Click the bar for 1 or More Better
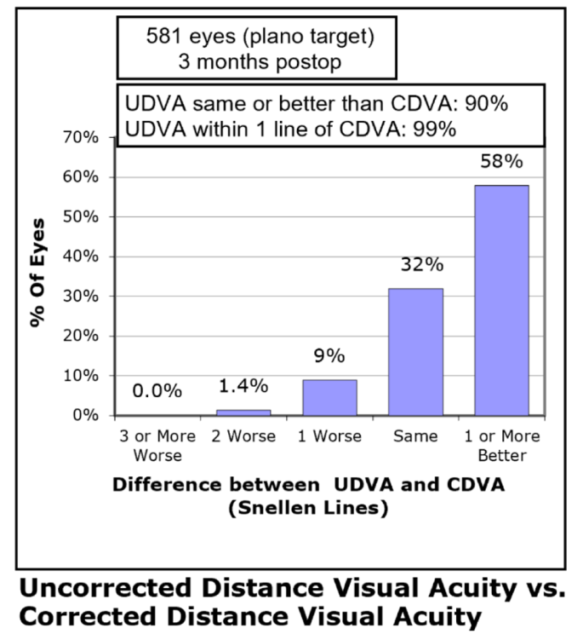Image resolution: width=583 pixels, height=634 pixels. pos(501,300)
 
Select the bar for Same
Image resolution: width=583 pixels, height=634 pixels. pos(415,351)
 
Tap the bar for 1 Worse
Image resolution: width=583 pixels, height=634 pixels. pos(329,397)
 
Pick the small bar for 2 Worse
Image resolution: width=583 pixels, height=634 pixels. pos(243,412)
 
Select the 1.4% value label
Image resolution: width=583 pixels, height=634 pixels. pos(243,387)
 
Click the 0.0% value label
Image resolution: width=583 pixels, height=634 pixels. pos(157,391)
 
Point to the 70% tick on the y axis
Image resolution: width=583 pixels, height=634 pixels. pos(83,138)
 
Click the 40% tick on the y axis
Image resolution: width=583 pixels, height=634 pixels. pos(83,256)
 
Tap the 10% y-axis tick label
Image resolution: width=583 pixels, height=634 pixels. pos(83,376)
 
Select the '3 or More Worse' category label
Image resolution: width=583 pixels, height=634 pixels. pos(157,445)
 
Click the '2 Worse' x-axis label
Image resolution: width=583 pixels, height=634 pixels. pos(243,437)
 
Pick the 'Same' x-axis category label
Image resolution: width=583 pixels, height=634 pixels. pos(415,437)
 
